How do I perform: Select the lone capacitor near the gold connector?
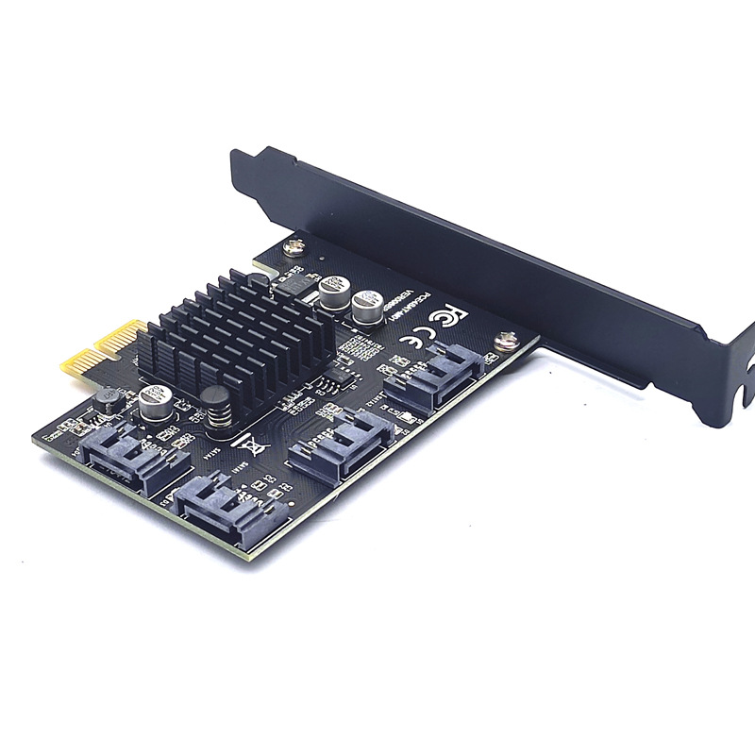tap(154, 403)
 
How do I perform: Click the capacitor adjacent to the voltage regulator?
tap(334, 291)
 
